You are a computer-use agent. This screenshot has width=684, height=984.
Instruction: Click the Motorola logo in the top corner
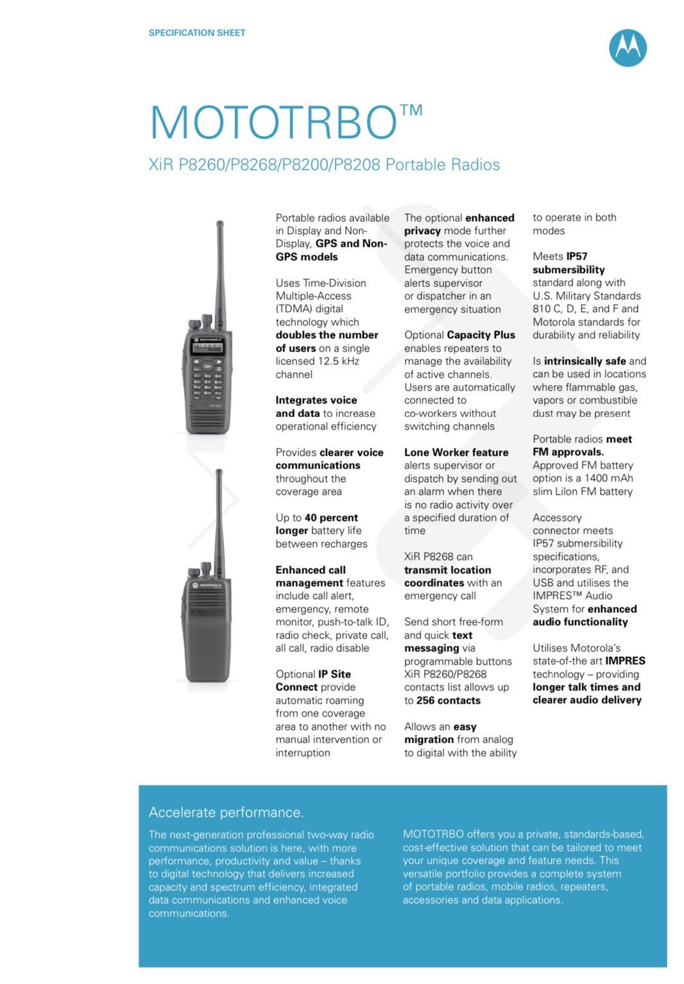627,48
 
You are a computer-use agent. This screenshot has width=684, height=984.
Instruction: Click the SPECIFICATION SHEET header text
197,33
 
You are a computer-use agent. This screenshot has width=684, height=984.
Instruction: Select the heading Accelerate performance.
226,812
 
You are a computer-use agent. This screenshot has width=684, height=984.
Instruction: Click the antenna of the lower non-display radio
219,513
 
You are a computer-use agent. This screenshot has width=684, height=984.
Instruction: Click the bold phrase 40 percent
331,518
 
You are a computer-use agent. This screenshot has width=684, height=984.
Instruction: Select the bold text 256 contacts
448,700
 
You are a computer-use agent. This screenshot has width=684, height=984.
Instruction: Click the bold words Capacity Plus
481,335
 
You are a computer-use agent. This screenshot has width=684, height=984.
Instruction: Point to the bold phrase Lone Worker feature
456,452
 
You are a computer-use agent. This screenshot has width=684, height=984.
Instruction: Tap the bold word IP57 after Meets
577,256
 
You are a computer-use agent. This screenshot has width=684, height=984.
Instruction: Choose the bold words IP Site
334,674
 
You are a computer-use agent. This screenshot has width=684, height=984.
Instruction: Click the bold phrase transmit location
447,570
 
